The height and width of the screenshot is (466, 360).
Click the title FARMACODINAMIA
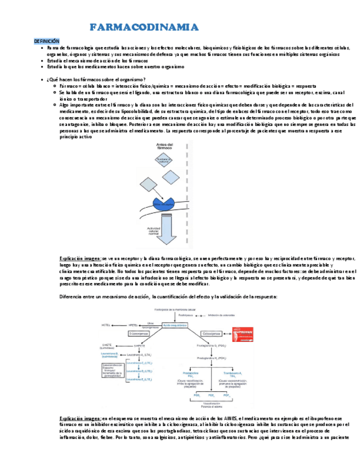click(x=144, y=28)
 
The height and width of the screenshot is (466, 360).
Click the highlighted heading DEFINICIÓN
click(x=46, y=41)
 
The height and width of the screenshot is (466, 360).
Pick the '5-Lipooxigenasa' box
click(x=140, y=334)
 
